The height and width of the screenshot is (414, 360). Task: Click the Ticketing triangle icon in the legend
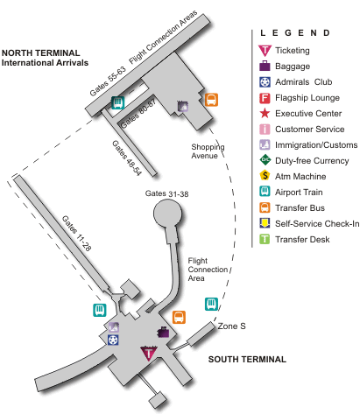click(265, 51)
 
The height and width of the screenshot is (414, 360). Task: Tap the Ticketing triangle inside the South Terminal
click(149, 354)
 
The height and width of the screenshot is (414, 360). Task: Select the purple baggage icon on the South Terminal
click(164, 332)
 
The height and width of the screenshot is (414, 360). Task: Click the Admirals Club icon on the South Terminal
click(113, 340)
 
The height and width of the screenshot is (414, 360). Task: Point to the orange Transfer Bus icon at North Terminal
click(211, 100)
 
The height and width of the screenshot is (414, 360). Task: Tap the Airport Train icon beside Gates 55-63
click(118, 102)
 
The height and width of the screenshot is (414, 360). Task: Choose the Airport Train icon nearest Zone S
click(211, 304)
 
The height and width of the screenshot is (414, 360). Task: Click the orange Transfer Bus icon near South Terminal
click(179, 317)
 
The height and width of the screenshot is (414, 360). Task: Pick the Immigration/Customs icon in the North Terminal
click(183, 106)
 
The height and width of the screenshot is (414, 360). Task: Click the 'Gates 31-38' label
click(167, 193)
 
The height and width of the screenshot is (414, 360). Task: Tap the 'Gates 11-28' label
click(76, 234)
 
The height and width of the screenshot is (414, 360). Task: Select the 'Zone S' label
click(231, 326)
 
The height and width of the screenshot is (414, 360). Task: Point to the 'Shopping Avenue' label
click(208, 151)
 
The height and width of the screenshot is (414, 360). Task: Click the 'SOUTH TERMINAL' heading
click(247, 359)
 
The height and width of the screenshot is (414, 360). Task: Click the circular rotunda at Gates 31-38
click(167, 214)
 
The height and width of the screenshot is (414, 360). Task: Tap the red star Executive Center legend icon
click(265, 113)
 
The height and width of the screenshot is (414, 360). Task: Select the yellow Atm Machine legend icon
click(265, 175)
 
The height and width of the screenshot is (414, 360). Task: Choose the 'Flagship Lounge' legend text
click(307, 98)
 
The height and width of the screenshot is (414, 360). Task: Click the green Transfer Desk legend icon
click(265, 239)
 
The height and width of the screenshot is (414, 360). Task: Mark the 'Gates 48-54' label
click(127, 158)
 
